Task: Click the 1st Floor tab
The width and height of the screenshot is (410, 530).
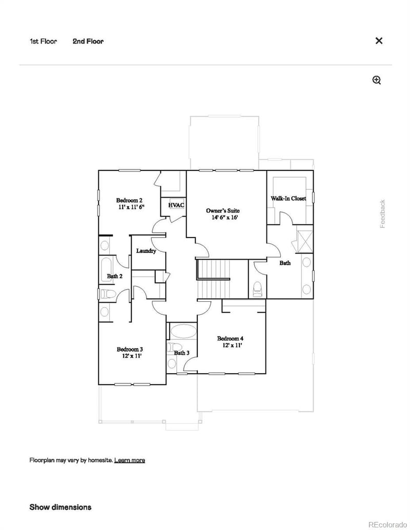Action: [x=43, y=41]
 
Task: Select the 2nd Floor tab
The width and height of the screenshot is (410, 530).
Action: [x=88, y=41]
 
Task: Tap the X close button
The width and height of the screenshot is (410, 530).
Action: [x=379, y=41]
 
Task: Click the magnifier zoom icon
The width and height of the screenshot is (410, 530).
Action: [x=377, y=80]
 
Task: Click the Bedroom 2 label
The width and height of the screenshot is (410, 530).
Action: [x=129, y=200]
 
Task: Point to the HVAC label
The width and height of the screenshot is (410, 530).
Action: [x=176, y=205]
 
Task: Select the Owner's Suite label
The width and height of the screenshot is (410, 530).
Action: [x=223, y=210]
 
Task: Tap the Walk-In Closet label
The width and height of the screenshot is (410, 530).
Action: [x=289, y=198]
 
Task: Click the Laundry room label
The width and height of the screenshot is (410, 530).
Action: [x=146, y=251]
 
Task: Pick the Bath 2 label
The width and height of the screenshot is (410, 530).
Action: [x=114, y=276]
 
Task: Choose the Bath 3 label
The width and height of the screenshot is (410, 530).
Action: [x=181, y=353]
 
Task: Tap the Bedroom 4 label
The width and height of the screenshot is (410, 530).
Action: [x=230, y=338]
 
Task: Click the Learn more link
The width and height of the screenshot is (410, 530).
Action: [x=130, y=460]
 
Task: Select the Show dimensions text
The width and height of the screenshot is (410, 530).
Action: [x=60, y=507]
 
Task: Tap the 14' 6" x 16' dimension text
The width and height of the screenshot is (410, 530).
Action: [x=223, y=217]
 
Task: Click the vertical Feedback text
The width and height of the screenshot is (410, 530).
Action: [x=382, y=214]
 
